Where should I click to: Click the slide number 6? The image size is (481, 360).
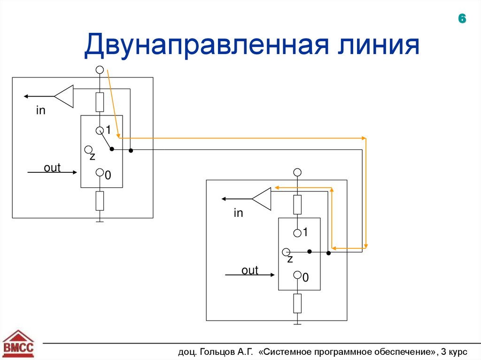(x=462, y=19)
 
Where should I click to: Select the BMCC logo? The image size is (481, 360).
(x=19, y=345)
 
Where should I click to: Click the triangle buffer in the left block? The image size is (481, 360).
(x=65, y=96)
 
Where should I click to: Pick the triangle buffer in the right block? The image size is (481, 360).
(x=262, y=199)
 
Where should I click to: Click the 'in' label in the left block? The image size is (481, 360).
(x=41, y=111)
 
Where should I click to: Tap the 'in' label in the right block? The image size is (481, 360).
(x=238, y=214)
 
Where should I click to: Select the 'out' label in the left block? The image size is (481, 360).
(x=52, y=168)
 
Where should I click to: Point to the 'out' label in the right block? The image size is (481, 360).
(x=250, y=270)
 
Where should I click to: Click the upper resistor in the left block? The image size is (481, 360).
(x=100, y=101)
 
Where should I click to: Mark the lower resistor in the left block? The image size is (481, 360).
(x=100, y=201)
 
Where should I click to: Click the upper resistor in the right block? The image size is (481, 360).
(x=297, y=205)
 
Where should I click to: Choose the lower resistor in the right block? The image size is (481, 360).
(x=297, y=303)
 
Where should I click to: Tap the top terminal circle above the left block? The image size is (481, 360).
(x=100, y=69)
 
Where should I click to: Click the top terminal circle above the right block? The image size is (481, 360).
(x=297, y=172)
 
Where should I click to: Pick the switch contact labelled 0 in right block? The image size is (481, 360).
(x=297, y=276)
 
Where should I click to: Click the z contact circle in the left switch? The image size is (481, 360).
(x=88, y=150)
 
